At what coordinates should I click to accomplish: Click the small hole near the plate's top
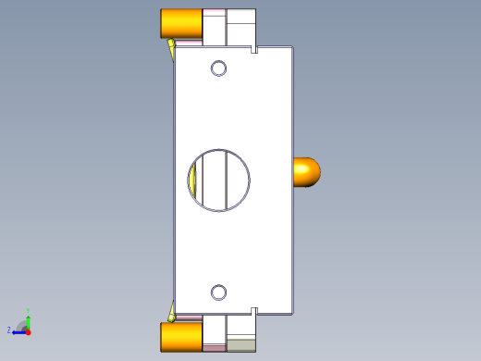click(x=218, y=68)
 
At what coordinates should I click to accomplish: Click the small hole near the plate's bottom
click(x=218, y=293)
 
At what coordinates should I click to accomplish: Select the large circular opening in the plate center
click(x=236, y=179)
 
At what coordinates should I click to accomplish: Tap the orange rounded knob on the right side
click(x=306, y=172)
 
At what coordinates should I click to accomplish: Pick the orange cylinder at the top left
click(x=181, y=24)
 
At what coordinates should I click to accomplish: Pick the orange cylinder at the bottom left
click(x=181, y=337)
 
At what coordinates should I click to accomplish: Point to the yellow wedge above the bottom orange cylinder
click(x=172, y=310)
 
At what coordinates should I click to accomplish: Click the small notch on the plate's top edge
click(x=253, y=49)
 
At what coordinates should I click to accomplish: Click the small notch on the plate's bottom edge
click(x=253, y=309)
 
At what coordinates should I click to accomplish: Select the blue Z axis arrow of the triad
click(x=18, y=330)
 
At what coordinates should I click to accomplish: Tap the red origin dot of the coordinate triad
click(x=29, y=330)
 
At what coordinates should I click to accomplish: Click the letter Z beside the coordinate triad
click(x=9, y=330)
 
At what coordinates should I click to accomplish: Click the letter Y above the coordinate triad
click(x=29, y=311)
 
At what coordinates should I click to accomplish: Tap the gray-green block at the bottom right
click(x=241, y=345)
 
